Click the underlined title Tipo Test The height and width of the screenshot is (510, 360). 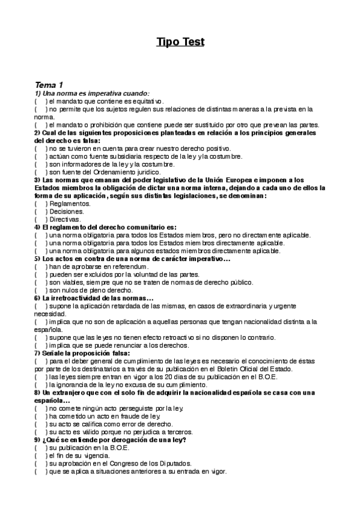tap(180, 41)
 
